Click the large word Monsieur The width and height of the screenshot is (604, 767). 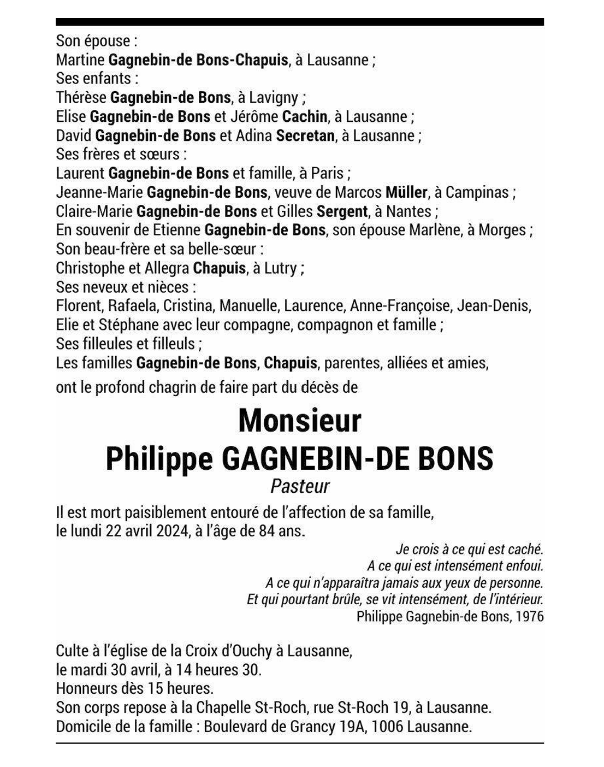tap(300, 421)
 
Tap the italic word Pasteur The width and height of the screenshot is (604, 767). tap(300, 486)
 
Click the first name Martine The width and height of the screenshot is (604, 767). tap(80, 60)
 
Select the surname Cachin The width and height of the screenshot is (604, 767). tap(305, 116)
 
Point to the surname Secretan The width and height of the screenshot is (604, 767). tap(305, 135)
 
